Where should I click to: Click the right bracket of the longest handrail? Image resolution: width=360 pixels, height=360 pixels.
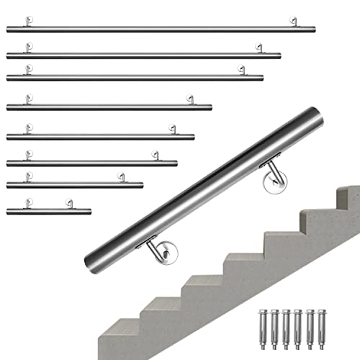294,22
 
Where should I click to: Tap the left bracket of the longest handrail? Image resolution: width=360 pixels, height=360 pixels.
28,22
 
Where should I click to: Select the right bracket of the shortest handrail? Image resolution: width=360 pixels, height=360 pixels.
69,204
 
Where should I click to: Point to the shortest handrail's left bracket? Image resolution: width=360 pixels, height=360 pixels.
28,204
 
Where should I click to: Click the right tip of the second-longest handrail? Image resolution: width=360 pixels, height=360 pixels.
279,55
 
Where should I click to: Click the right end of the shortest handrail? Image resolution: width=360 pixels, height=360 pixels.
90,212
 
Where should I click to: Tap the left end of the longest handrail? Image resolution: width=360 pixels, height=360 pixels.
8,30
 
